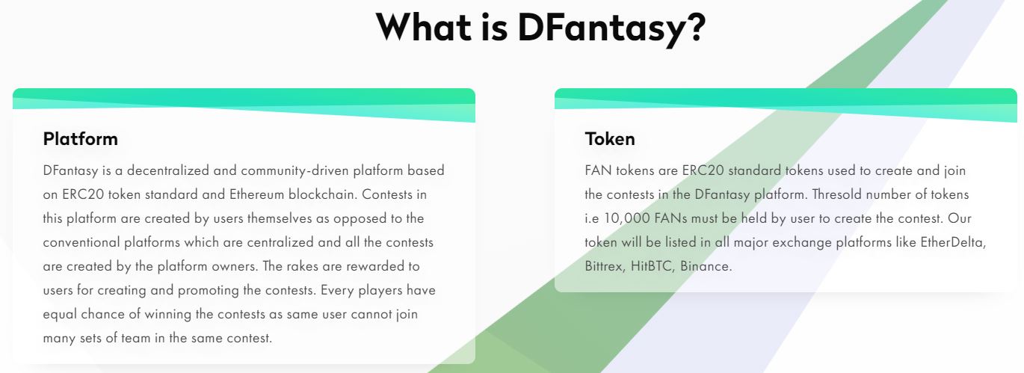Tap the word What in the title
pos(424,26)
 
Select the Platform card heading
pos(81,139)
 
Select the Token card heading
pos(610,139)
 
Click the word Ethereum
pos(256,194)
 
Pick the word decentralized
pos(167,170)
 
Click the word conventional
pos(81,242)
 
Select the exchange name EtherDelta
pos(953,242)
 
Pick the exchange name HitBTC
pos(653,267)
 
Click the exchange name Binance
pos(706,267)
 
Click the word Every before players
pos(337,291)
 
